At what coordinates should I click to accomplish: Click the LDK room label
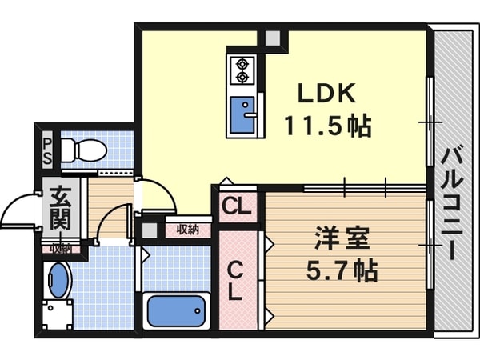coord(326,94)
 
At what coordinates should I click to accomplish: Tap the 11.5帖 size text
coord(327,126)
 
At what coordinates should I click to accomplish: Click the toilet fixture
coord(84,150)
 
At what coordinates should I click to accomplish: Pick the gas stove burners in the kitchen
coord(241,70)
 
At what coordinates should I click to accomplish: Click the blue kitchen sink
coord(242,114)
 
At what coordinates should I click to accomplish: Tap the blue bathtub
coord(176,311)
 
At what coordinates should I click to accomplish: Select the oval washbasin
coord(58,280)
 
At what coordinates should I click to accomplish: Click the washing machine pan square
coord(57,313)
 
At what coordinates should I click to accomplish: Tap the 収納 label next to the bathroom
coord(188,230)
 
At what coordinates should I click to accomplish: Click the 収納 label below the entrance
coord(61,249)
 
